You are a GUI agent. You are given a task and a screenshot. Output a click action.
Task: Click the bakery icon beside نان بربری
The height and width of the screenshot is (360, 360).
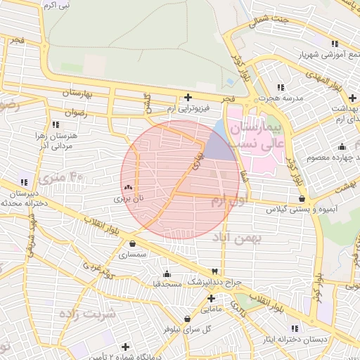(x=128, y=188)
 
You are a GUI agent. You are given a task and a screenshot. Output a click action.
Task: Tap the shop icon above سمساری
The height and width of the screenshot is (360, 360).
(x=133, y=244)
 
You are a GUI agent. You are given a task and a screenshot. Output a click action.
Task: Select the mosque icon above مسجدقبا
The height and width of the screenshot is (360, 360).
(x=167, y=274)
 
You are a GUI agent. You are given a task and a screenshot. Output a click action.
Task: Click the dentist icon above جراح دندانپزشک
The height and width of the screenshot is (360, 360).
(x=214, y=271)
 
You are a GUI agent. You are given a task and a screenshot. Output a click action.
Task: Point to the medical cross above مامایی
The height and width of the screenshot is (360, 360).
(x=210, y=299)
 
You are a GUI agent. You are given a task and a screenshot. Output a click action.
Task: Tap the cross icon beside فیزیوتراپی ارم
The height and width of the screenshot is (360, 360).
(x=187, y=98)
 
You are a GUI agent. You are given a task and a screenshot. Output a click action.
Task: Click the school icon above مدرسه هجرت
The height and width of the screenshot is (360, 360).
(x=281, y=87)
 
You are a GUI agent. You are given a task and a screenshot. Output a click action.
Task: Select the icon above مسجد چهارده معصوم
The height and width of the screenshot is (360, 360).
(x=342, y=146)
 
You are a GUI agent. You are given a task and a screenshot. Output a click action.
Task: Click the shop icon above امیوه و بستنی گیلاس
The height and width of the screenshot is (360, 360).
(x=302, y=199)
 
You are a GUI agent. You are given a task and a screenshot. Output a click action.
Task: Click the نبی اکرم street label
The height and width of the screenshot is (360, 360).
(x=56, y=6)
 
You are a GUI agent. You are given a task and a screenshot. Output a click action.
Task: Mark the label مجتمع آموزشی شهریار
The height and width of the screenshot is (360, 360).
(x=314, y=54)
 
